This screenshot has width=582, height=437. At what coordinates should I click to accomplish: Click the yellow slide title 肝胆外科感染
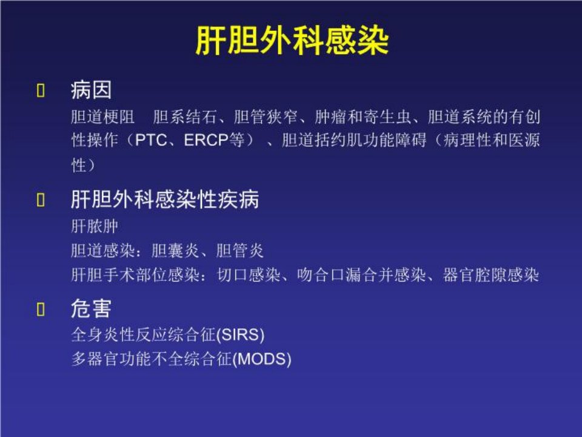click(x=292, y=41)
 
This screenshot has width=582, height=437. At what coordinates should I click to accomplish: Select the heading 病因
click(x=91, y=90)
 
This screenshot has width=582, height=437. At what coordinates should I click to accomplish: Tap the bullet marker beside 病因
click(x=41, y=90)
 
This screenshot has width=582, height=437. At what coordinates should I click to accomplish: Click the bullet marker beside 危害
click(x=41, y=309)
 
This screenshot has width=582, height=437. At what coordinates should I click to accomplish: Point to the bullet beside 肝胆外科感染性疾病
click(x=41, y=200)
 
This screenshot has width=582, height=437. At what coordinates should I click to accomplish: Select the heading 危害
click(x=91, y=308)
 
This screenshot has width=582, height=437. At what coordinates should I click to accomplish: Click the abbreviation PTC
click(x=151, y=140)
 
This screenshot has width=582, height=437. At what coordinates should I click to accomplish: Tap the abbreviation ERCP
click(x=206, y=140)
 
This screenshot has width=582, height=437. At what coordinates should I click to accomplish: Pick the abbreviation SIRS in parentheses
click(x=240, y=335)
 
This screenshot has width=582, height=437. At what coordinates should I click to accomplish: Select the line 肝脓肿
click(x=95, y=226)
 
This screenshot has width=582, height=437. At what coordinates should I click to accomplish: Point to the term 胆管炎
click(x=240, y=251)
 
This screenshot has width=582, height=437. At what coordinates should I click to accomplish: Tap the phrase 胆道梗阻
click(x=103, y=117)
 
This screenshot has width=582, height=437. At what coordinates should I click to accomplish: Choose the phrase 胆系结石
click(x=184, y=117)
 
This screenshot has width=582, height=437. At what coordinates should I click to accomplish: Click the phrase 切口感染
click(x=249, y=275)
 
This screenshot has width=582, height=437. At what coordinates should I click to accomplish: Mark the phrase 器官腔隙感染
click(x=490, y=275)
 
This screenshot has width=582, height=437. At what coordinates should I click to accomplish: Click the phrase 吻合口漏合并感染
click(x=361, y=275)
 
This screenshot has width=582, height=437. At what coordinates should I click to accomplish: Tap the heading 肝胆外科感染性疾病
click(x=165, y=199)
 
